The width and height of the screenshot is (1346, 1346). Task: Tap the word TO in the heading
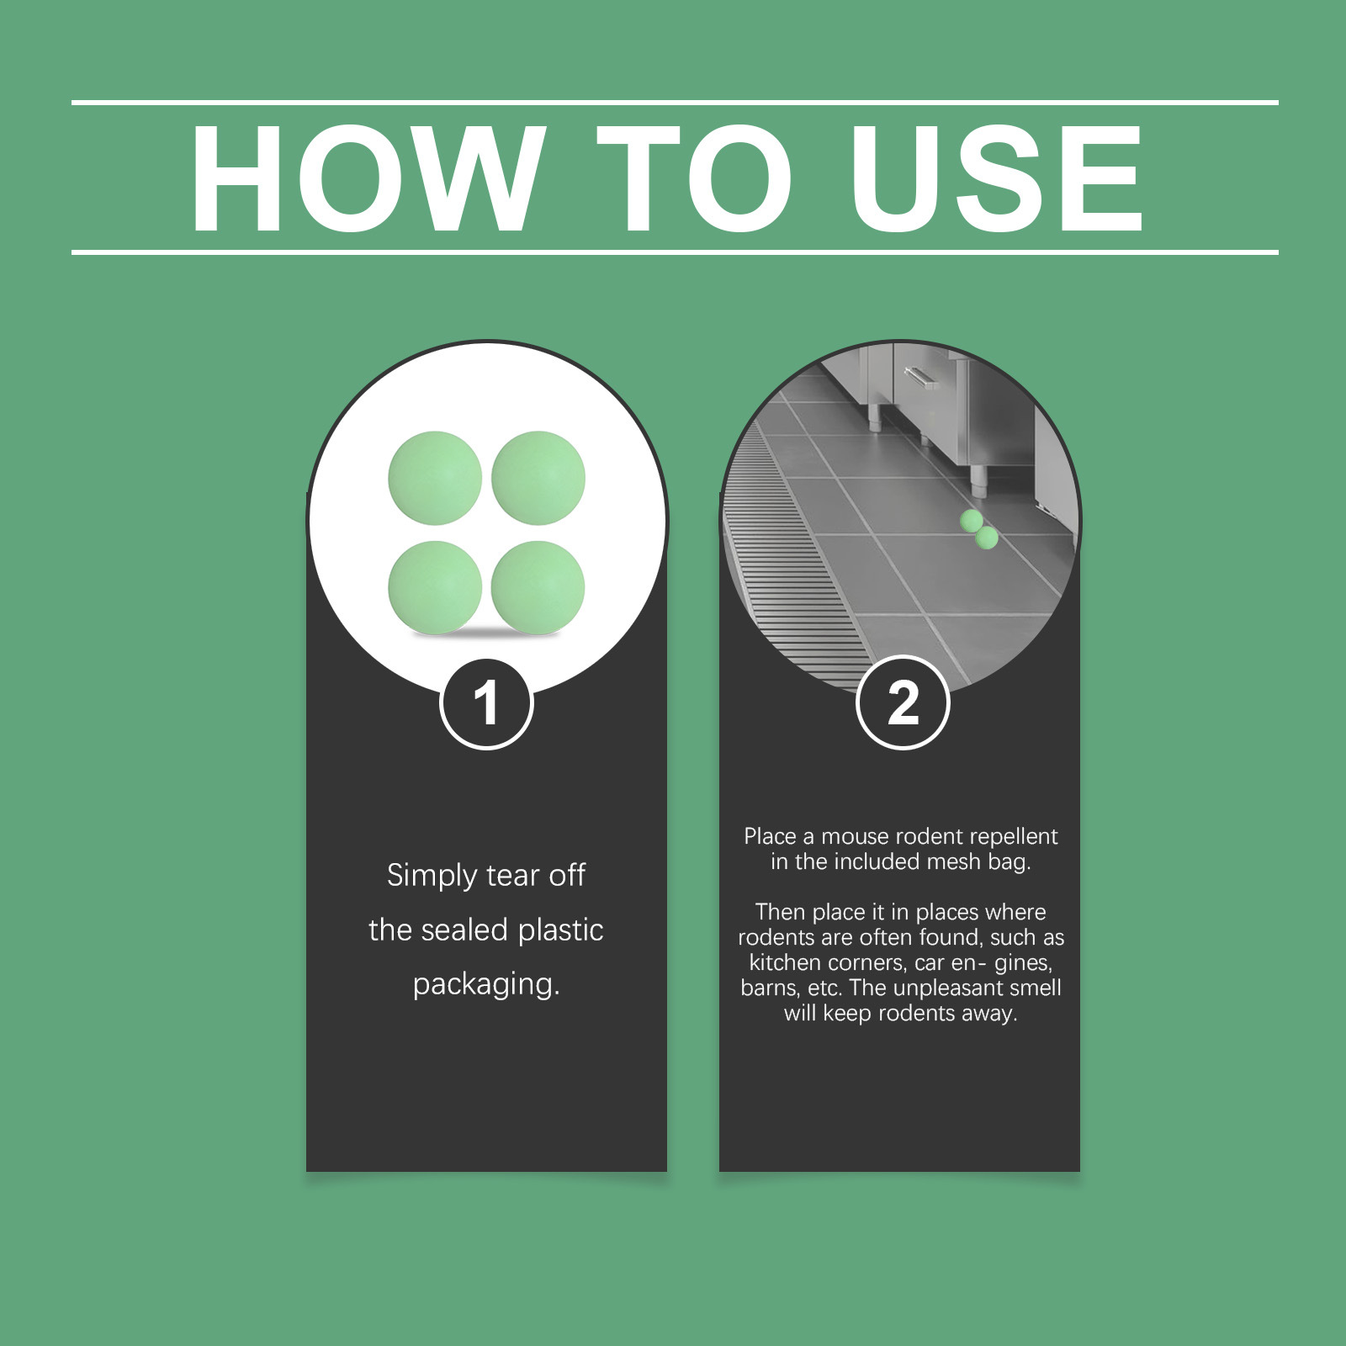pos(695,178)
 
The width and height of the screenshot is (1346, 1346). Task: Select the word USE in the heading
pos(997,178)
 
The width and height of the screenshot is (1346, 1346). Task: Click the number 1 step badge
pos(486,703)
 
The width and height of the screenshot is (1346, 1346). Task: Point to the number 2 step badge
pos(903,702)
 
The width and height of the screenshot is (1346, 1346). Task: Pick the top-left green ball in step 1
pos(435,479)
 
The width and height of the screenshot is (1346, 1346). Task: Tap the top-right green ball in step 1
pos(538,479)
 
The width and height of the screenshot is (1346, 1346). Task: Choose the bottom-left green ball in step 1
pos(435,587)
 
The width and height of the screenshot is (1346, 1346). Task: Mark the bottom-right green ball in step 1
pos(538,587)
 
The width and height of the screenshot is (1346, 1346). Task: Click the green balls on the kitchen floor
pos(979,529)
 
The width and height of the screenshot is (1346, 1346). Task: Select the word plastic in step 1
pos(560,930)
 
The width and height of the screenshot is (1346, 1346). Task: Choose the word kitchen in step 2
pos(786,962)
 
